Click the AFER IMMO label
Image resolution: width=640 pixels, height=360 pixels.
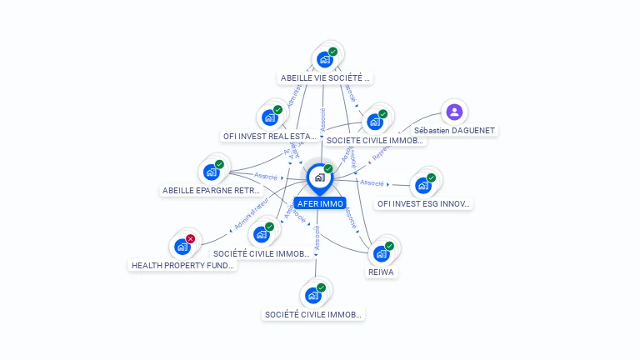320,203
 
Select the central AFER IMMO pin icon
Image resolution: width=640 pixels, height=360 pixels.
319,177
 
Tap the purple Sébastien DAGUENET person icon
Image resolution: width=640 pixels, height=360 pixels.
454,112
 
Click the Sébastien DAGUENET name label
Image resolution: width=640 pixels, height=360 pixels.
454,131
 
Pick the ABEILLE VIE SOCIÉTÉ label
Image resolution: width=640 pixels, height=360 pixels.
326,78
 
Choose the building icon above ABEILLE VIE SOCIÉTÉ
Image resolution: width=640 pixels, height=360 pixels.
326,59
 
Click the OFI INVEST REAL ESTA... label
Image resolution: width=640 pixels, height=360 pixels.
270,136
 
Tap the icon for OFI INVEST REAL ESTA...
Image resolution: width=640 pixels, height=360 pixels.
270,117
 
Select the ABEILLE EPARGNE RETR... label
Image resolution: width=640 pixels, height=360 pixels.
212,190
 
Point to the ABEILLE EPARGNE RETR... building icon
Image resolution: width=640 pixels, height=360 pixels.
212,172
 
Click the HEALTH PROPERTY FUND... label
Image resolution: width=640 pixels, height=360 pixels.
183,265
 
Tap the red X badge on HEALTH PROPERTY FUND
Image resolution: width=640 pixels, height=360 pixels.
190,239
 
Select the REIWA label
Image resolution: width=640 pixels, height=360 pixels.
382,272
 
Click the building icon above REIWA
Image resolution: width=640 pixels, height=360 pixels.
382,252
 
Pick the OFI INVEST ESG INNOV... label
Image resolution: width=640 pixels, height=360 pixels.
423,203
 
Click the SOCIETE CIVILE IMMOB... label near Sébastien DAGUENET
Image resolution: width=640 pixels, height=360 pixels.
375,141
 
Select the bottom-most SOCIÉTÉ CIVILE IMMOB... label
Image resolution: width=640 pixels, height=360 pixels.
313,315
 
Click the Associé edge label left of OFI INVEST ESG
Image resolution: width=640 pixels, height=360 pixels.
372,182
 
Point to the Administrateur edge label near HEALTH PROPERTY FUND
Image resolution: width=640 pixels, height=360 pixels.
252,215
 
